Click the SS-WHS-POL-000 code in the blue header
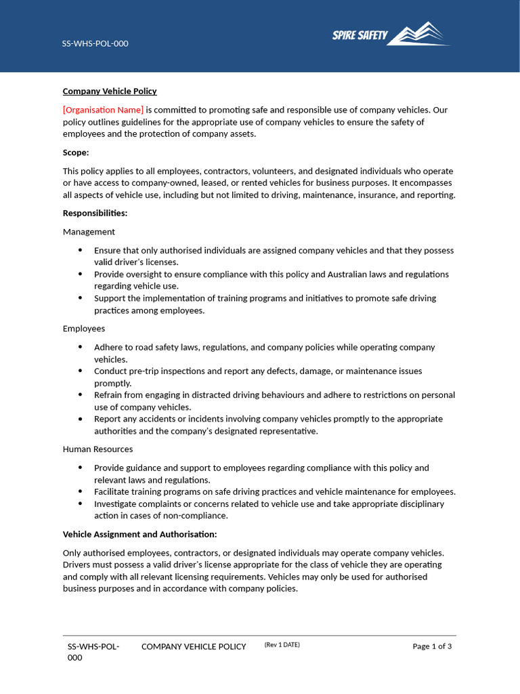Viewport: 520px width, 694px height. (95, 44)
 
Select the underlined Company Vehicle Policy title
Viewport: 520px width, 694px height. (110, 91)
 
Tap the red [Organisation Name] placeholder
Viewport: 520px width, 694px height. (103, 110)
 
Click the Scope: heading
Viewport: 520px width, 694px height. (76, 152)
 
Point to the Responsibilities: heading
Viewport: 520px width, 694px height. (95, 213)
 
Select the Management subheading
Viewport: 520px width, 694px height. (89, 232)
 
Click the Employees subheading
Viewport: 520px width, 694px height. (84, 329)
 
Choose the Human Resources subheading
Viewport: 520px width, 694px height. (97, 449)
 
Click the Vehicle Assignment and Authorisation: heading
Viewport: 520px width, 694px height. (139, 535)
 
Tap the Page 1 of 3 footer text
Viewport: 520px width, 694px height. (432, 647)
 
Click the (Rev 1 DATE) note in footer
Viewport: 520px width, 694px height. (282, 645)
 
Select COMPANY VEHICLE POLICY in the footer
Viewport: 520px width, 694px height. (194, 647)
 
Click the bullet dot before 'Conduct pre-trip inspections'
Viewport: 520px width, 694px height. (80, 371)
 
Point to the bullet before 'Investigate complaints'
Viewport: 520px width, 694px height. (80, 504)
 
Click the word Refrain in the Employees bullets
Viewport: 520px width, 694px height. (109, 395)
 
